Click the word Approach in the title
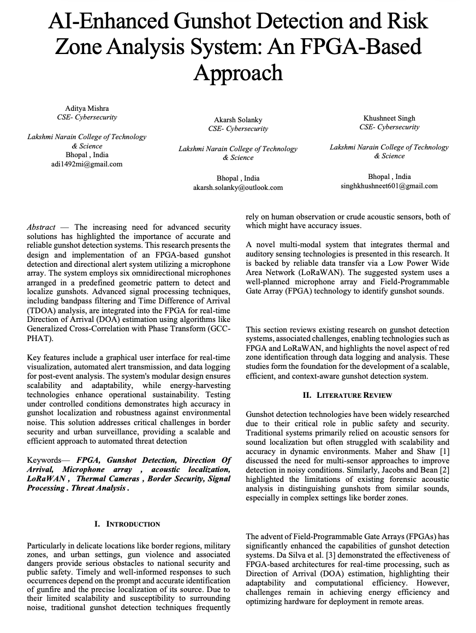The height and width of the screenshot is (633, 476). [x=238, y=73]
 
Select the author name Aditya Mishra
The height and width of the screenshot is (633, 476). [x=87, y=108]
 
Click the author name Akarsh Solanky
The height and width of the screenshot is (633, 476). [x=238, y=120]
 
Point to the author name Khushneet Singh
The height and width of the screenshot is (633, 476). [x=389, y=118]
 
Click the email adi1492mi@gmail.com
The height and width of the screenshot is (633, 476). [x=87, y=164]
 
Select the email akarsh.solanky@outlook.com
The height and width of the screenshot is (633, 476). [x=238, y=187]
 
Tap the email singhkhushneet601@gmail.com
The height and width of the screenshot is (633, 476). [x=389, y=186]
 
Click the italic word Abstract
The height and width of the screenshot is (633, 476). [x=41, y=227]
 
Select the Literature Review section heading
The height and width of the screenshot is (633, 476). [x=347, y=395]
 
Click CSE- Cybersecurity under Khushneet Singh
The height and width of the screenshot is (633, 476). [x=389, y=127]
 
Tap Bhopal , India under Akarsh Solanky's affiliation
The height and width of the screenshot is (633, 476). [x=238, y=178]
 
